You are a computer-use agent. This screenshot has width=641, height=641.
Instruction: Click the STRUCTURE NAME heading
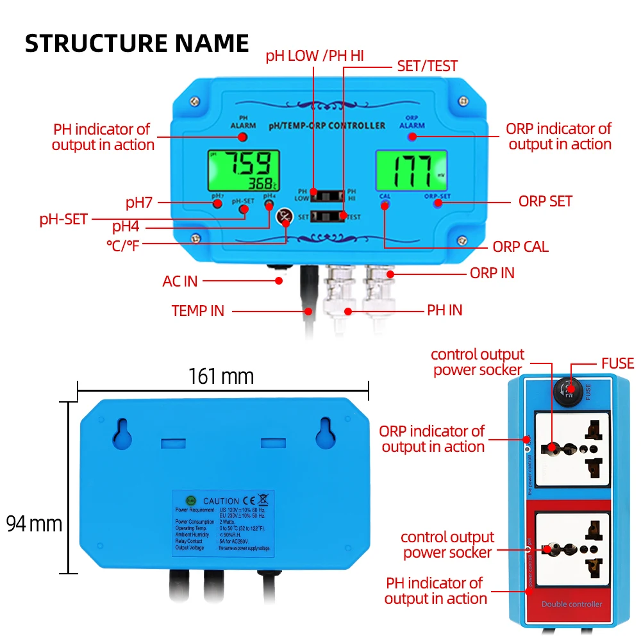pos(137,43)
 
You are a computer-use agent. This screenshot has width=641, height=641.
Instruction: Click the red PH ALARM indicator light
pos(243,137)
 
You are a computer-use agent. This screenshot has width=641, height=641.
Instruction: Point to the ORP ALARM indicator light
pos(412,137)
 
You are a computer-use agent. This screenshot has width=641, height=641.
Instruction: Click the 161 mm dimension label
pos(221,376)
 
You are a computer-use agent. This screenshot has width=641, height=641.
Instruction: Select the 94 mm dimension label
pos(35,524)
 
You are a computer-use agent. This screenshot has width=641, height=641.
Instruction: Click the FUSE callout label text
pos(617,363)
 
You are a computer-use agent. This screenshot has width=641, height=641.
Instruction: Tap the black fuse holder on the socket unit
pos(568,389)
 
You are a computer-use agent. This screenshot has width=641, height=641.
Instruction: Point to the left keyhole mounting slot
pos(122,435)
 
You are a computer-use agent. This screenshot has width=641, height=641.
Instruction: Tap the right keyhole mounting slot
pos(326,435)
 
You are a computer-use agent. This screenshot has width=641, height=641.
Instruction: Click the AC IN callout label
pos(180,281)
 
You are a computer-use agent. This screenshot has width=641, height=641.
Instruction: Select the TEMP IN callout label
pos(198,311)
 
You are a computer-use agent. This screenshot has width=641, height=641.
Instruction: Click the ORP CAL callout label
pos(520,247)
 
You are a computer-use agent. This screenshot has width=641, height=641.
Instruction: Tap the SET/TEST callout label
pos(428,65)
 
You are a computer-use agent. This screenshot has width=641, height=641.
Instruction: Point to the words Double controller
pos(572,604)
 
